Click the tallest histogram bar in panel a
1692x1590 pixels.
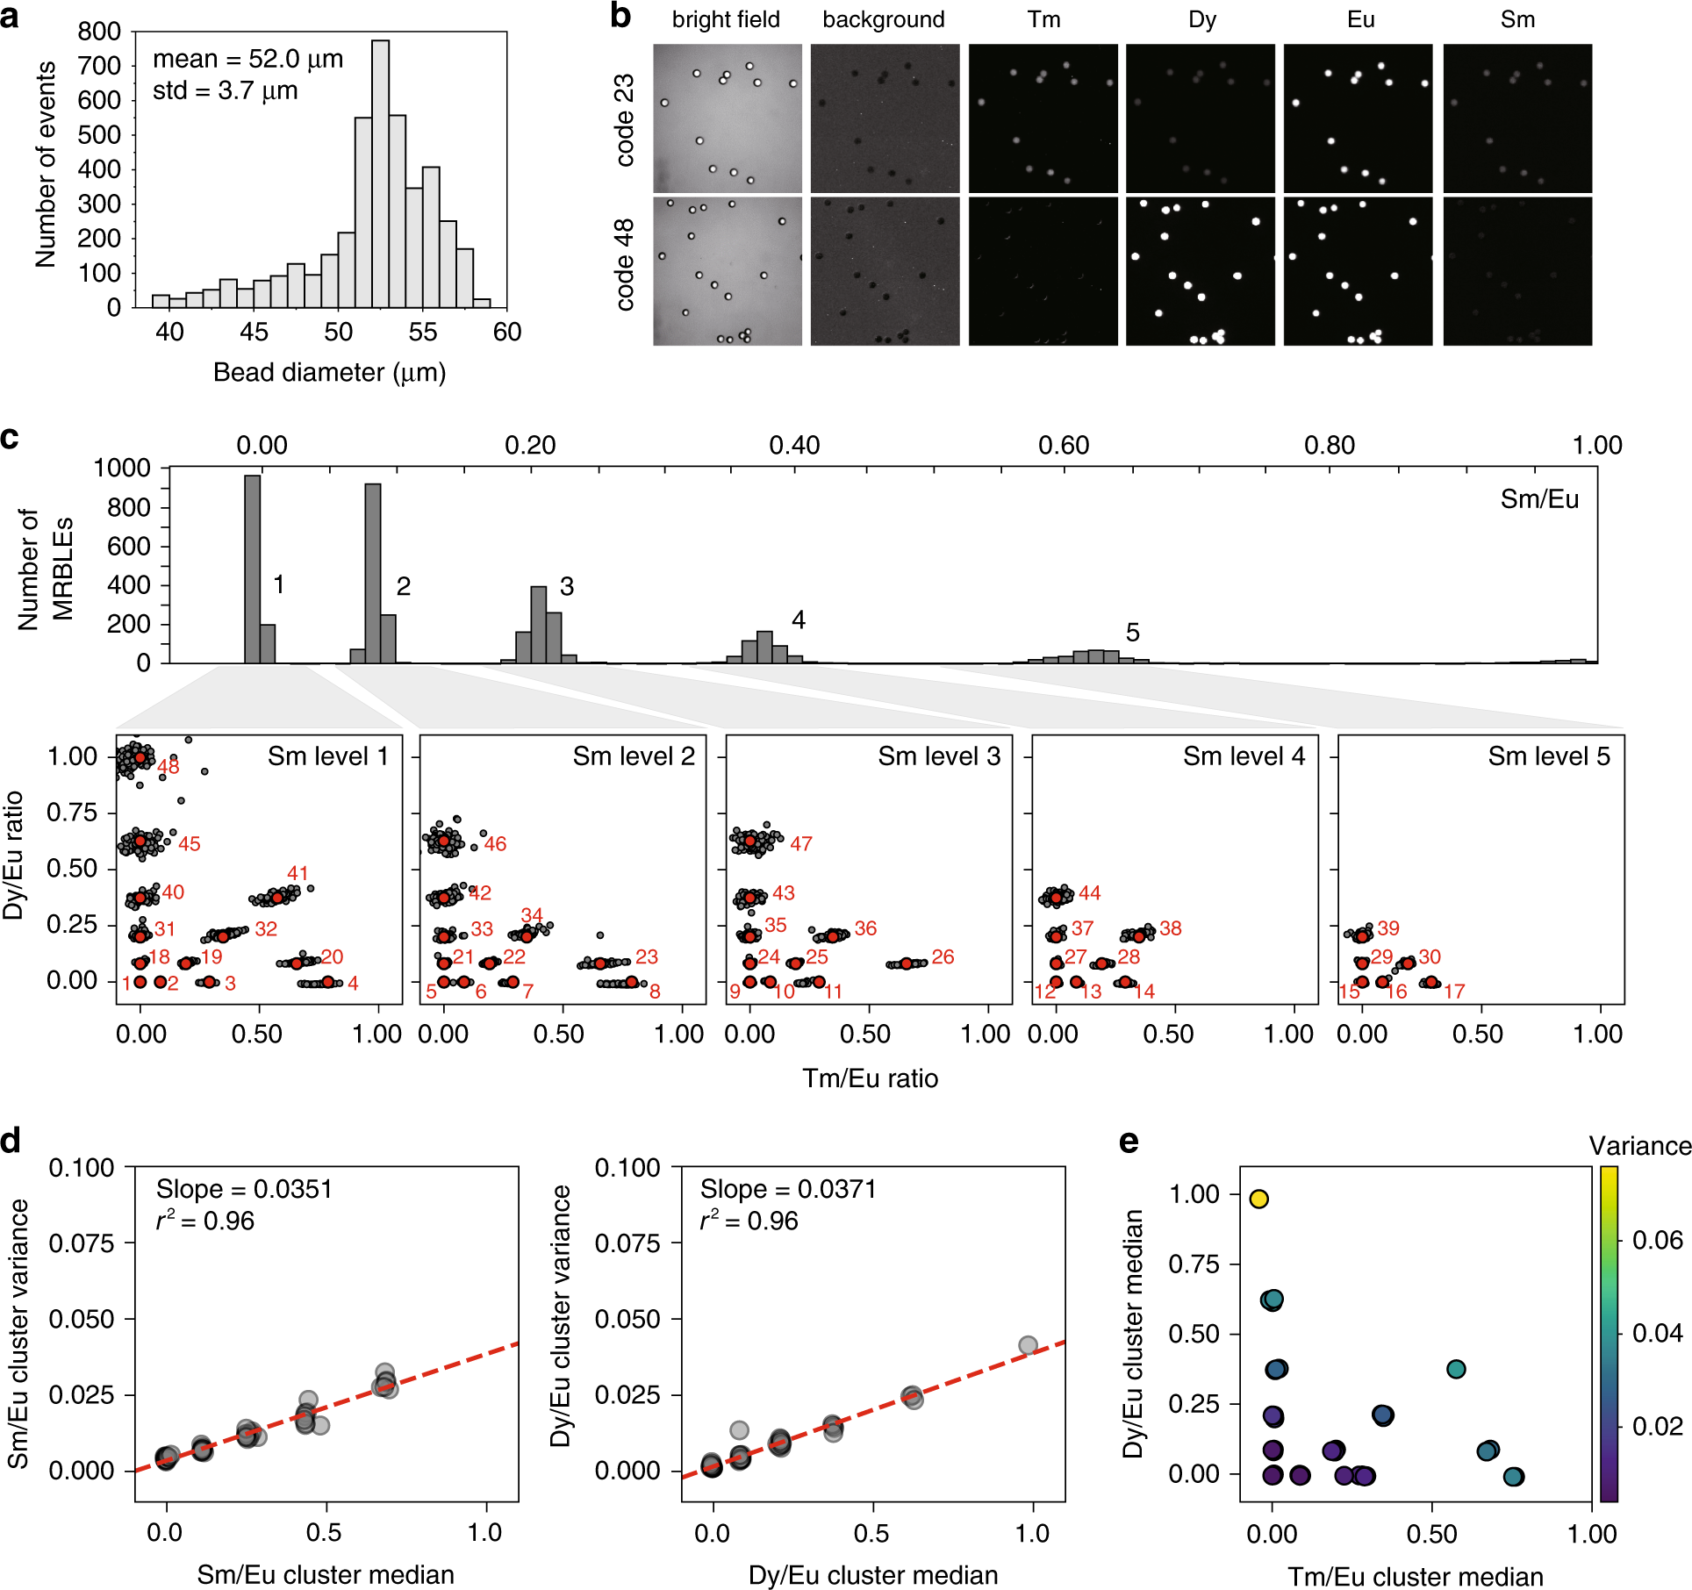pyautogui.click(x=380, y=175)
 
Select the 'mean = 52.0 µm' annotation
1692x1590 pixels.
pyautogui.click(x=247, y=59)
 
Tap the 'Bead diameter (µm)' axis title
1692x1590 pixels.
pyautogui.click(x=329, y=373)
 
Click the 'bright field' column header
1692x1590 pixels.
pyautogui.click(x=726, y=19)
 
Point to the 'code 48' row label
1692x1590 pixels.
pyautogui.click(x=624, y=265)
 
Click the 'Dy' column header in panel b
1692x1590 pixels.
pyautogui.click(x=1201, y=19)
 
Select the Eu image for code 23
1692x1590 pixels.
pyautogui.click(x=1358, y=118)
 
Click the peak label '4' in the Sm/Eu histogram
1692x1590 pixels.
pyautogui.click(x=798, y=620)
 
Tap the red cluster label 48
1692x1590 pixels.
pyautogui.click(x=168, y=767)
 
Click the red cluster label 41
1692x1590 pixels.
pyautogui.click(x=298, y=873)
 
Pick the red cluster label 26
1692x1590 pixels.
pyautogui.click(x=943, y=956)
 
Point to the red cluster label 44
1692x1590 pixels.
pyautogui.click(x=1089, y=893)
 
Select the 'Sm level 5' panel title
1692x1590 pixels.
pyautogui.click(x=1549, y=756)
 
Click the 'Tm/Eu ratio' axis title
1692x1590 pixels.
pyautogui.click(x=870, y=1078)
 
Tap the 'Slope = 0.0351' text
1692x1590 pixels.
pyautogui.click(x=244, y=1189)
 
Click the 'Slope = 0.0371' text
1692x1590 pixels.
pyautogui.click(x=788, y=1189)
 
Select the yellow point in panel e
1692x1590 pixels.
pyautogui.click(x=1258, y=1199)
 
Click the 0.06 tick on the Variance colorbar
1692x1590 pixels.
pyautogui.click(x=1657, y=1240)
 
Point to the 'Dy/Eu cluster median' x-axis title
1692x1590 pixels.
pyautogui.click(x=873, y=1575)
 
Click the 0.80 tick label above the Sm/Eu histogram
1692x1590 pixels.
pyautogui.click(x=1329, y=445)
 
